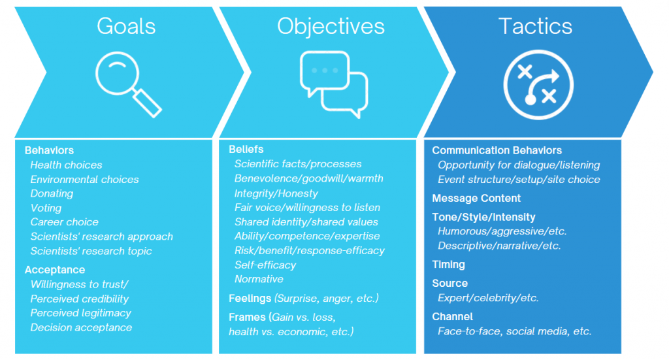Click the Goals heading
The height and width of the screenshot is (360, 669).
click(x=126, y=26)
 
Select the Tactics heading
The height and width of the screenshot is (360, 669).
click(x=535, y=26)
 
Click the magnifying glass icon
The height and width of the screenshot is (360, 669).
click(x=128, y=84)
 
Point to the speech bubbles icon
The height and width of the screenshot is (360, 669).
click(x=334, y=84)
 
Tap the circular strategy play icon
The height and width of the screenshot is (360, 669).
click(x=538, y=84)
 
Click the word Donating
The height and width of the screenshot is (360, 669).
click(x=52, y=193)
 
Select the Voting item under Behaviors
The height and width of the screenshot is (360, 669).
click(x=46, y=208)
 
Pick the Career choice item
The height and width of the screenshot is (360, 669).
click(x=65, y=221)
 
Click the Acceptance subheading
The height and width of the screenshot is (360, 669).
click(x=55, y=270)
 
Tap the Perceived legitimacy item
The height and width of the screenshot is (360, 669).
click(x=80, y=313)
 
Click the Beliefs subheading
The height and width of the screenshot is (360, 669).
click(x=246, y=149)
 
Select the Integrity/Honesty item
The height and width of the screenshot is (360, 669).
click(x=276, y=193)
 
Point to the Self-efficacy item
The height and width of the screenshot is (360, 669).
click(x=265, y=265)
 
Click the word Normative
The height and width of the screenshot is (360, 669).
click(x=259, y=279)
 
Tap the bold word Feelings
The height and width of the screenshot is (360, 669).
click(x=250, y=298)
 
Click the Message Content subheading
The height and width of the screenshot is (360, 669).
click(x=476, y=199)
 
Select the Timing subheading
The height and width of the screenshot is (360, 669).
click(x=448, y=265)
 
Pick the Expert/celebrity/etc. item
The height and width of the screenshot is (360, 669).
click(x=488, y=298)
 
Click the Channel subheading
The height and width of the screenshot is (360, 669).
click(x=452, y=316)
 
